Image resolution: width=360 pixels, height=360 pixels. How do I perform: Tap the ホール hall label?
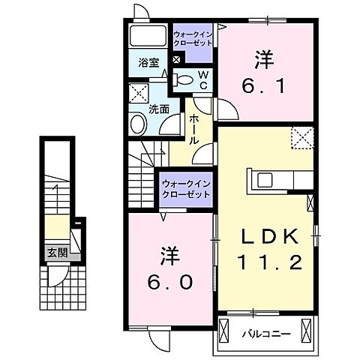(193, 130)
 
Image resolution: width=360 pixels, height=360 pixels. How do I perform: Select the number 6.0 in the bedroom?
(169, 282)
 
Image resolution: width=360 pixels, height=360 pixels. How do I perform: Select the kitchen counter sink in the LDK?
(266, 180)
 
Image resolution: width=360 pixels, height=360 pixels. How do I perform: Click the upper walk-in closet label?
(193, 39)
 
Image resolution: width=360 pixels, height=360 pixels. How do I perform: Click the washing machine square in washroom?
(138, 94)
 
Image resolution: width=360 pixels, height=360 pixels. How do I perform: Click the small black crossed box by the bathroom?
(177, 59)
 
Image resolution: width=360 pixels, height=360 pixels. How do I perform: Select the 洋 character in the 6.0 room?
(169, 256)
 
